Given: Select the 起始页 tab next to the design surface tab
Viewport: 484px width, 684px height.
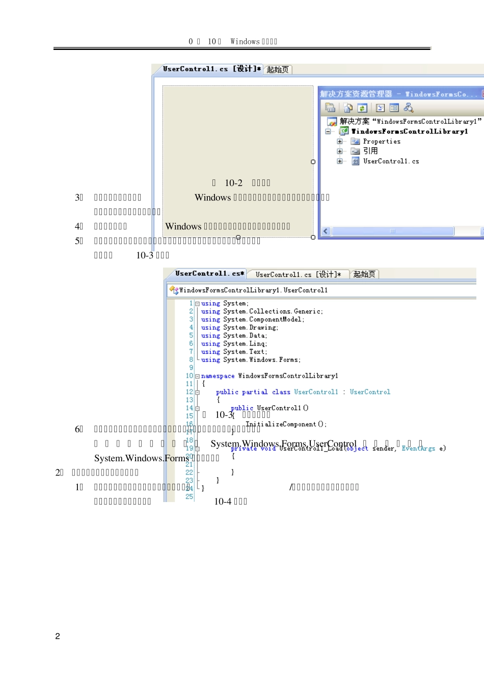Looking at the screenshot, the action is (x=278, y=70).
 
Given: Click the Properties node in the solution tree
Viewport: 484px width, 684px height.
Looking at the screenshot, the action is (x=382, y=142).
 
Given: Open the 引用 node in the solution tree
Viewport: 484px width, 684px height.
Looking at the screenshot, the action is (x=370, y=151).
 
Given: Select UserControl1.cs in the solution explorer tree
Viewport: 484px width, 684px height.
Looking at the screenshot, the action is (x=391, y=161).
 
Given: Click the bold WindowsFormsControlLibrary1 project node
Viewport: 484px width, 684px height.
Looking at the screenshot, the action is (x=409, y=131).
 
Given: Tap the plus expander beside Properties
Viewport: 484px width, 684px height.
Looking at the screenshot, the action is (x=340, y=142).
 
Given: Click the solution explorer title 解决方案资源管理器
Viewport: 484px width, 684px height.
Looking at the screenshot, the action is (x=356, y=94).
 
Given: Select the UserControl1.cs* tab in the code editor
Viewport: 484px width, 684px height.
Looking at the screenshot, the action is (x=209, y=274).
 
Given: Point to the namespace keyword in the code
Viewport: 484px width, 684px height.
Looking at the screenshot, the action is (x=218, y=376).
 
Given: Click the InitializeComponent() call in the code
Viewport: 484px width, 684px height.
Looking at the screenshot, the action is (x=286, y=424).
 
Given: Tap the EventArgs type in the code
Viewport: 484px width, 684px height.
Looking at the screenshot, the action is (x=418, y=449).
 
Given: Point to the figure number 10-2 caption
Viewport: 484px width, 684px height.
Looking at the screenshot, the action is (x=233, y=183).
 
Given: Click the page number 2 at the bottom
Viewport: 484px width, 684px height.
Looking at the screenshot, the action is (x=58, y=636).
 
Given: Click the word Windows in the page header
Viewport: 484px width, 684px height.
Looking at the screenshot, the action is (x=245, y=42).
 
